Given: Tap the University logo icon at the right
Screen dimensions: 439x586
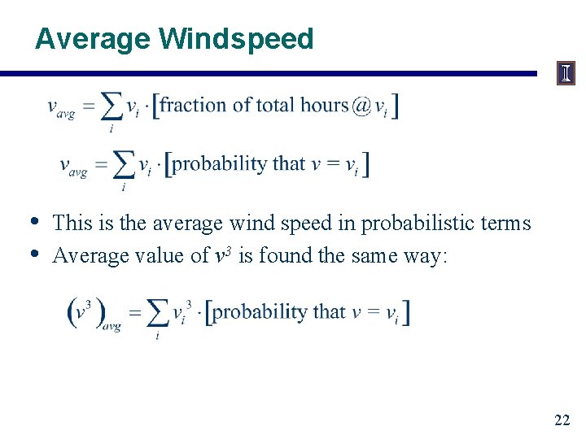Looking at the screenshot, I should click(x=566, y=74).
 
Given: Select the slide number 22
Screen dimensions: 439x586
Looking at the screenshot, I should click(x=562, y=420).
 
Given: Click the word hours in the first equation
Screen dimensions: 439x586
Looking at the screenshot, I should click(x=325, y=105).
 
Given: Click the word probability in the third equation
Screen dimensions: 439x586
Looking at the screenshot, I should click(x=259, y=312).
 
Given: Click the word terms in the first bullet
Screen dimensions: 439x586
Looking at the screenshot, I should click(x=506, y=223).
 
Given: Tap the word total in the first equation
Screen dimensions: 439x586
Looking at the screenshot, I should click(x=276, y=105).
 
